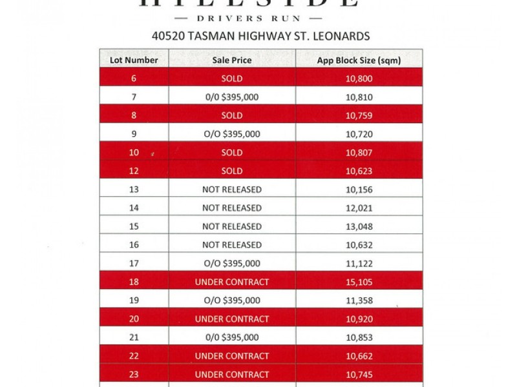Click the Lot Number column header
(x=134, y=61)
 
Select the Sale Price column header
(x=232, y=61)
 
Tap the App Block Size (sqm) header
(x=359, y=61)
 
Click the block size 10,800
(x=359, y=79)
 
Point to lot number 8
(x=134, y=115)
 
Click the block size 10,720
(x=359, y=134)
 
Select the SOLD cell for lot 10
(x=232, y=153)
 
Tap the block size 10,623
(x=359, y=171)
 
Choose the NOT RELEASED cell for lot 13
(x=232, y=190)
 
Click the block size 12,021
(x=359, y=208)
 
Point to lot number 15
(x=134, y=226)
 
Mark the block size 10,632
(x=359, y=244)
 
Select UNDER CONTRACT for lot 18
(x=232, y=282)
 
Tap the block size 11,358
(x=359, y=300)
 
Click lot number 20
(x=134, y=319)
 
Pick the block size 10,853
(x=359, y=337)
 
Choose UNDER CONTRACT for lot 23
(x=232, y=374)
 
